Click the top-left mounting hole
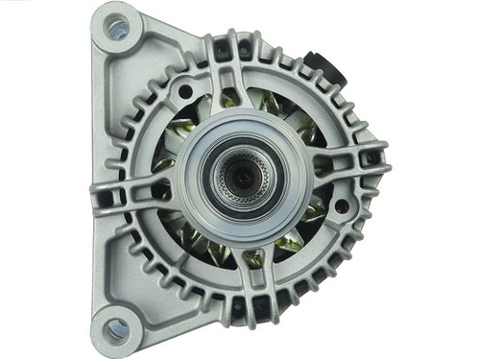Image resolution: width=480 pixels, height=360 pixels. pyautogui.click(x=116, y=29)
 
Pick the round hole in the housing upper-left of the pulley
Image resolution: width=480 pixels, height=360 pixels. pyautogui.click(x=183, y=92)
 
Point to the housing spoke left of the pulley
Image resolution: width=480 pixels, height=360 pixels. pyautogui.click(x=144, y=179)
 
